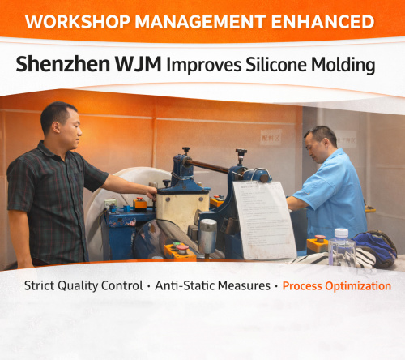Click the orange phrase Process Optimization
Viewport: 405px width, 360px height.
point(336,286)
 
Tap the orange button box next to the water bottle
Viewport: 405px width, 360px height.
point(318,243)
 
